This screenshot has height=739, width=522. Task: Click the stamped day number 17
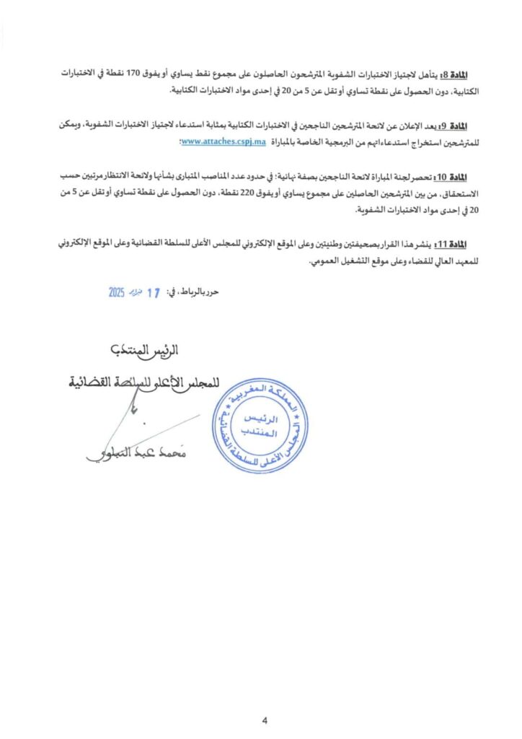tap(153, 293)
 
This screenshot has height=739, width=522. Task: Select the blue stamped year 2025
tap(118, 293)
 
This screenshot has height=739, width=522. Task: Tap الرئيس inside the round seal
tap(251, 419)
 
